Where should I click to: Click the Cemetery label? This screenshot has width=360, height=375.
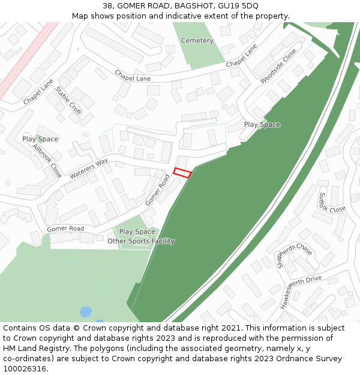coord(197,41)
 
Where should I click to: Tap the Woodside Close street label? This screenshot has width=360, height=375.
coord(278,66)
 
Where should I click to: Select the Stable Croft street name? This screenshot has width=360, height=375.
coord(68,100)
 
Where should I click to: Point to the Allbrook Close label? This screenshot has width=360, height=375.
coord(47,160)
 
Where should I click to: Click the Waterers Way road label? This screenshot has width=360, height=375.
coord(88,169)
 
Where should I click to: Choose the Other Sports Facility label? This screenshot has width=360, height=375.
coord(141,241)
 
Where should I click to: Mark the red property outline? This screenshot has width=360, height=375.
coord(182,173)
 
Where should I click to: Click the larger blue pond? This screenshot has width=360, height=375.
coord(86,312)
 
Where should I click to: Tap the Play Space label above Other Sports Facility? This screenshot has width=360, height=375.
coord(137,232)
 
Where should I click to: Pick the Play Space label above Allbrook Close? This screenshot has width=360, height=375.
coord(40,139)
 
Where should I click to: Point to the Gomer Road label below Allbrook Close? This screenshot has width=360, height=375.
coord(65,229)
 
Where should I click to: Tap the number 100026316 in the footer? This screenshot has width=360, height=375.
coord(25,368)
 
